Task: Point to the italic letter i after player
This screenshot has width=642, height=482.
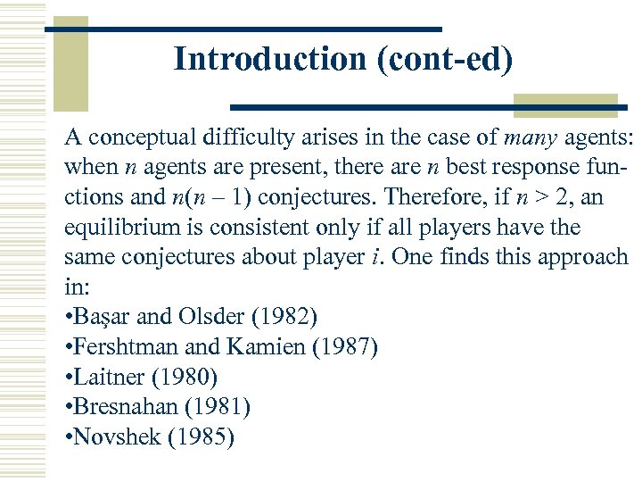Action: (378, 257)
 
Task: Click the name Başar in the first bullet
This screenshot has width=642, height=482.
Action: (102, 316)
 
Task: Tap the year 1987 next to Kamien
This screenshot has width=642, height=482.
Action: (344, 346)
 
